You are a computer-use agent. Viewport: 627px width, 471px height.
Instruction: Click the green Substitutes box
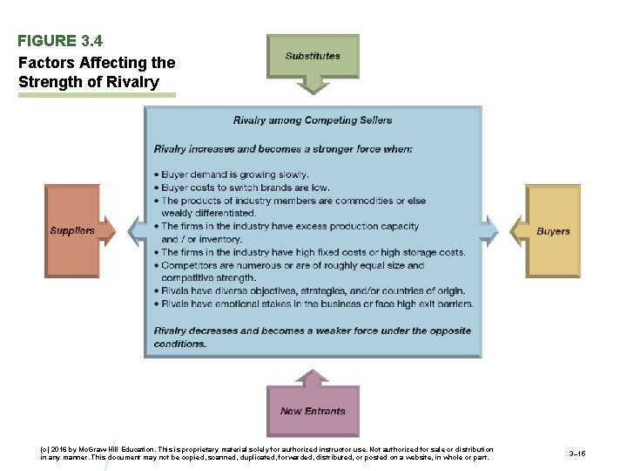point(312,56)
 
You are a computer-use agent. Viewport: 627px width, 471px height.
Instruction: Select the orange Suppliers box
point(72,231)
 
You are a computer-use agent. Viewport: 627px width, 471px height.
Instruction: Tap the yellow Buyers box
point(553,231)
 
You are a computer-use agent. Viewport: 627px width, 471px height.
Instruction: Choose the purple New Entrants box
point(313,411)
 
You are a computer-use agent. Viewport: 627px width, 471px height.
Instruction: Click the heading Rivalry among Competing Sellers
point(313,120)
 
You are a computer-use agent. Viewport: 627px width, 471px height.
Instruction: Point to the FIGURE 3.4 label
point(60,40)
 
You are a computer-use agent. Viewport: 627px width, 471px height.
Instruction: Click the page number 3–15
point(576,454)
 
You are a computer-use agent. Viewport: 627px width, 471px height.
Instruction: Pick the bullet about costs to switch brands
point(246,188)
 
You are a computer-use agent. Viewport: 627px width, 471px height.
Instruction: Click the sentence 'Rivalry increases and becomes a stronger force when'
point(283,149)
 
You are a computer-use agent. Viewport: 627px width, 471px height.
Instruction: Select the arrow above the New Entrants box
point(313,377)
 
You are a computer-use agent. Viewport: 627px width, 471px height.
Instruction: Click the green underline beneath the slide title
point(97,95)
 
